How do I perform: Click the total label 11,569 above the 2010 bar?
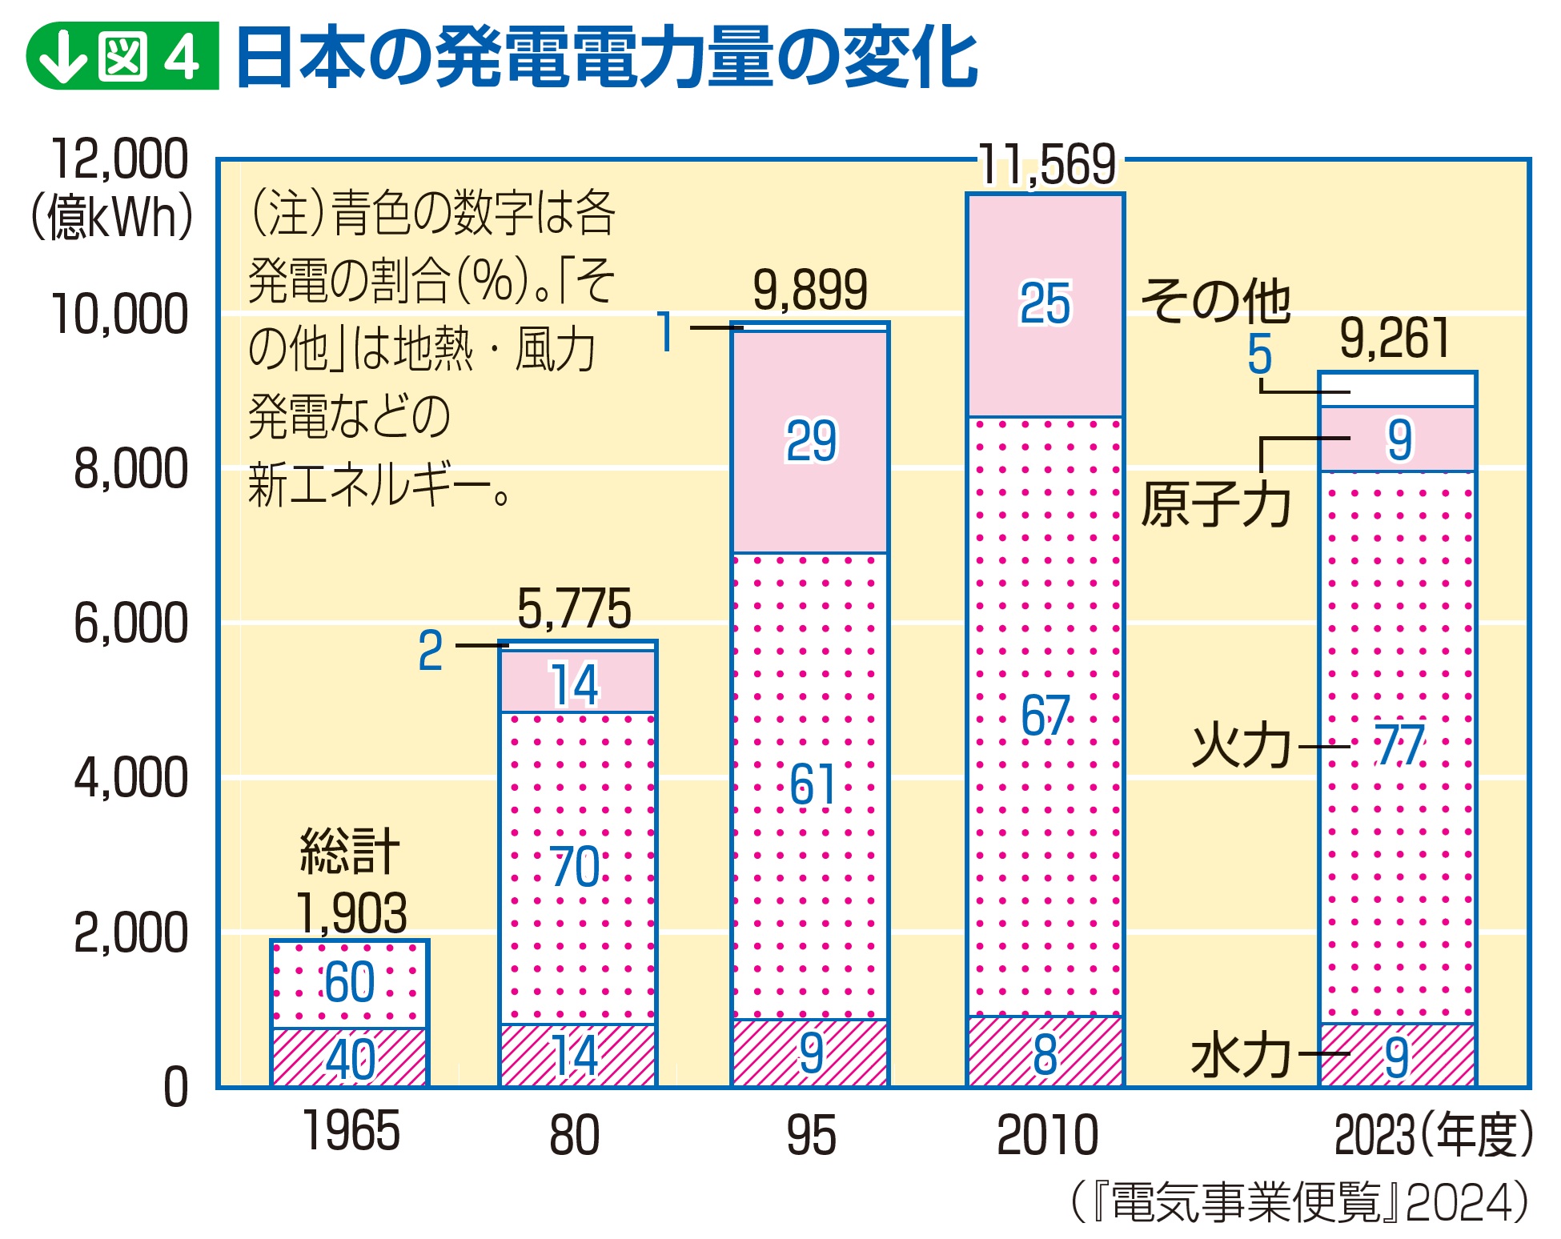click(x=1047, y=165)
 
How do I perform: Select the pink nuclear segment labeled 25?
click(x=1045, y=305)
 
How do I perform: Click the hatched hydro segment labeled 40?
click(x=350, y=1057)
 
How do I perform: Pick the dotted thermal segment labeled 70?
click(x=577, y=868)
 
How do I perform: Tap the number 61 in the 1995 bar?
click(x=812, y=784)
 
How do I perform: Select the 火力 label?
click(x=1241, y=746)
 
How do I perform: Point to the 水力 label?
click(x=1241, y=1055)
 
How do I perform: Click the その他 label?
click(x=1215, y=301)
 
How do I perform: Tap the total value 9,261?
click(x=1394, y=338)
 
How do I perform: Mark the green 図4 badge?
click(x=122, y=56)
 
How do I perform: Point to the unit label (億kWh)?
click(x=111, y=217)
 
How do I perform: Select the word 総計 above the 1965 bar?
click(x=350, y=851)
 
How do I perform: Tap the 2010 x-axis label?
click(x=1047, y=1134)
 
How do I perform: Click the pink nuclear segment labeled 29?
click(x=810, y=442)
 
